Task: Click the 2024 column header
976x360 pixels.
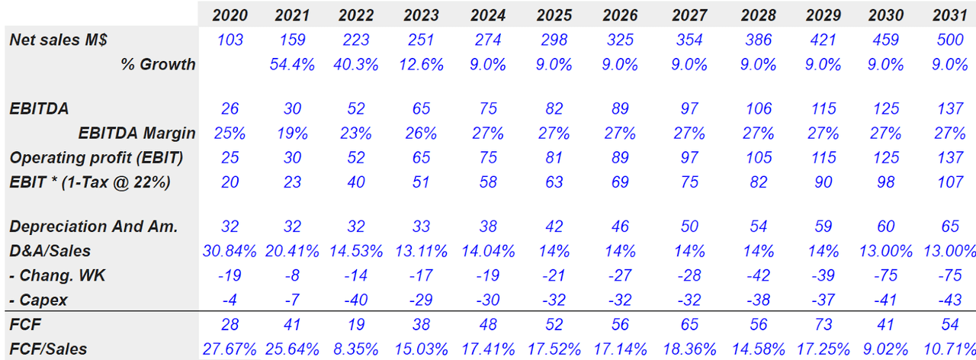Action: coord(487,15)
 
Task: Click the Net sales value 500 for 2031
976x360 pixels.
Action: coord(949,40)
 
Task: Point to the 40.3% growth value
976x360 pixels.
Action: coord(356,64)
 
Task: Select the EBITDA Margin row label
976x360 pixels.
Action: coord(136,133)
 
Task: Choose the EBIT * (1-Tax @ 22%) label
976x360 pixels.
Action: coord(89,182)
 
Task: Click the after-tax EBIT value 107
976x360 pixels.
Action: coord(949,182)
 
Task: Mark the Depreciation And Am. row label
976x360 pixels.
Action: coord(93,227)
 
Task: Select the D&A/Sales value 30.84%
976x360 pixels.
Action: coord(230,251)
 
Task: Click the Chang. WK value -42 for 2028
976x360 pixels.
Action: coord(757,275)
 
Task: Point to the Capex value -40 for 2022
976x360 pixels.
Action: coord(356,300)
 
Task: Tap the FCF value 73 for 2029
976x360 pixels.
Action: coord(823,324)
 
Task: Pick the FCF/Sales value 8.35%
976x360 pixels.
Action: coord(356,349)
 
